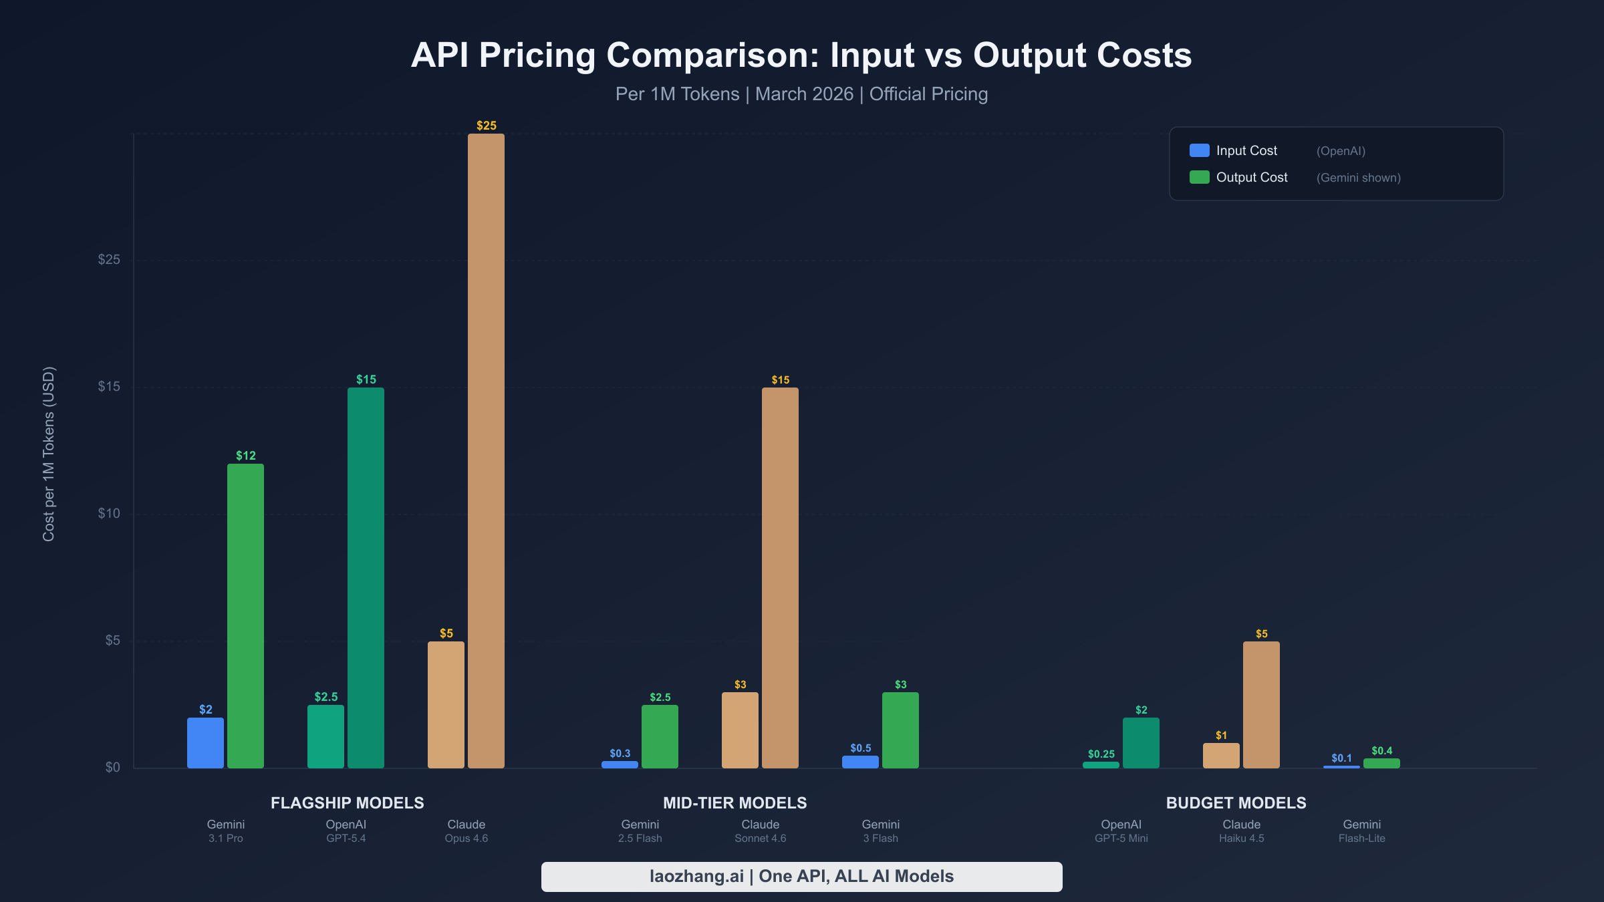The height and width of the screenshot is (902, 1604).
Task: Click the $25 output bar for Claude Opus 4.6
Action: click(486, 451)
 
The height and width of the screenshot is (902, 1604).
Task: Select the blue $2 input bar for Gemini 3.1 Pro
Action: click(205, 743)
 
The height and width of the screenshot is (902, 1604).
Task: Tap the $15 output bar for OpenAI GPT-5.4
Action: click(366, 578)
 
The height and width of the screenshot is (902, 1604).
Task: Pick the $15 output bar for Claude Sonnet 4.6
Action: click(780, 578)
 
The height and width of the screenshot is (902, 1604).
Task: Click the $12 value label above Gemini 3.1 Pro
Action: click(245, 456)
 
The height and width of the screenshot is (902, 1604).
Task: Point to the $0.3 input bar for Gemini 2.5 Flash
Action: click(620, 764)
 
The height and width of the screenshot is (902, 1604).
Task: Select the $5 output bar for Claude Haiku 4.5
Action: click(1261, 705)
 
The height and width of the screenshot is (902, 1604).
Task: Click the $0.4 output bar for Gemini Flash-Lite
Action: click(1381, 763)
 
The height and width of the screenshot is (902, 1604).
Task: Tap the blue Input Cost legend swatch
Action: click(1199, 150)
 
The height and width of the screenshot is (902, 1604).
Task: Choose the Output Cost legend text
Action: click(1251, 177)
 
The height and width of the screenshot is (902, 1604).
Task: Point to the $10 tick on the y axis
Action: click(109, 513)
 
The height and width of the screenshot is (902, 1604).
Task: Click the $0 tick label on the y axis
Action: click(112, 767)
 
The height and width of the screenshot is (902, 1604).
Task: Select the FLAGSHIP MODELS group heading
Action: click(347, 802)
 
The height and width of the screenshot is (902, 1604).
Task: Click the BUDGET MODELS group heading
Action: click(1236, 802)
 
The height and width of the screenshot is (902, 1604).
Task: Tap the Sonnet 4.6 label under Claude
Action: click(760, 839)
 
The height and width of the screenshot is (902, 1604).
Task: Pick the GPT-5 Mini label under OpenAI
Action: click(1121, 839)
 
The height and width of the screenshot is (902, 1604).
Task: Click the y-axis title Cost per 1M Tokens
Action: click(49, 454)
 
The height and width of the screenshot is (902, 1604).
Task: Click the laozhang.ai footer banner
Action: click(801, 876)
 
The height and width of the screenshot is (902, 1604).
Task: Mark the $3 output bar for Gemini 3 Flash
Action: click(900, 730)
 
